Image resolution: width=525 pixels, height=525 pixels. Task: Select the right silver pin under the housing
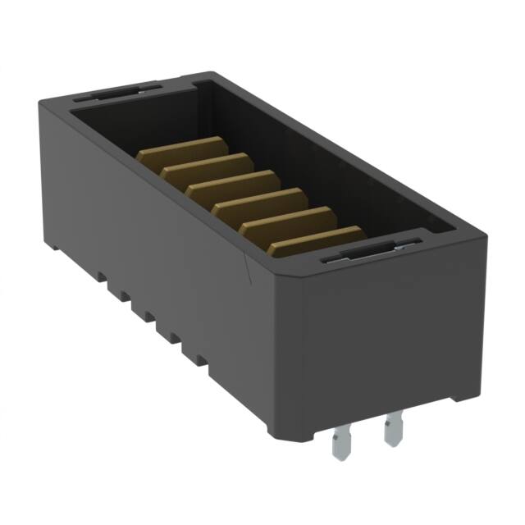click(x=393, y=430)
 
